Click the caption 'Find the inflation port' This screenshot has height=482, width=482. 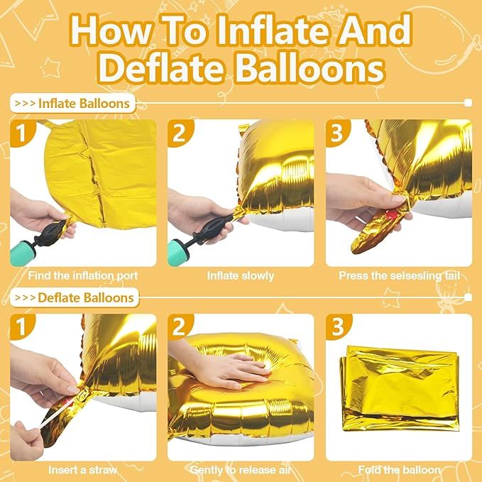[82, 275]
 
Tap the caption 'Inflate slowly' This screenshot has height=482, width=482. [241, 275]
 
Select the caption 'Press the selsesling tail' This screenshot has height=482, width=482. [399, 275]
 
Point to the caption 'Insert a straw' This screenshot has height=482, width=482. [82, 469]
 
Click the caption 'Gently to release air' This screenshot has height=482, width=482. [241, 469]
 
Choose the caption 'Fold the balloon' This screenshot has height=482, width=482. [399, 469]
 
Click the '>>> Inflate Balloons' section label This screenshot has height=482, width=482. [72, 104]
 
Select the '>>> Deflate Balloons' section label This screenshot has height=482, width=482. [75, 297]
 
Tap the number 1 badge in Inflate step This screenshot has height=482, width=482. [21, 133]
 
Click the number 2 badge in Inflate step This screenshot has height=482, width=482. [179, 133]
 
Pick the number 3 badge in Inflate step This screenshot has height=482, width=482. [336, 133]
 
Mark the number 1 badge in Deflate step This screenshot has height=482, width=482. [21, 327]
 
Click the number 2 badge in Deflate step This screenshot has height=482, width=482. [179, 327]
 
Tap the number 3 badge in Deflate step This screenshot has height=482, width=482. [336, 327]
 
